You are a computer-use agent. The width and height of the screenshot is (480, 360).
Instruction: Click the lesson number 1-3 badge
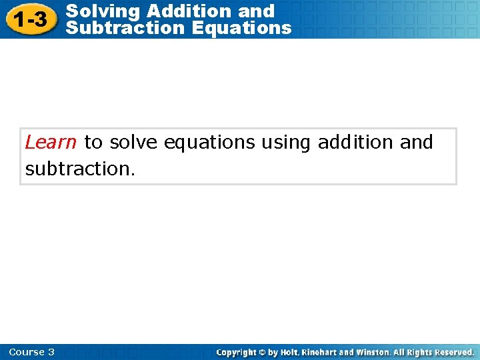[x=32, y=20]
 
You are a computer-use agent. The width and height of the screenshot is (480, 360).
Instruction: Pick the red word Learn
[x=51, y=142]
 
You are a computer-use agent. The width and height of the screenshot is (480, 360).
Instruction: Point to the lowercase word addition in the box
[x=355, y=142]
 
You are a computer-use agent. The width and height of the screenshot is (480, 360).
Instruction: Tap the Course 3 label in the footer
[x=32, y=352]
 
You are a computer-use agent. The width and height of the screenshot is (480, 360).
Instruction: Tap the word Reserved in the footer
[x=453, y=352]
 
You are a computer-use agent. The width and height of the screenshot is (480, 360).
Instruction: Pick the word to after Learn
[x=93, y=142]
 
